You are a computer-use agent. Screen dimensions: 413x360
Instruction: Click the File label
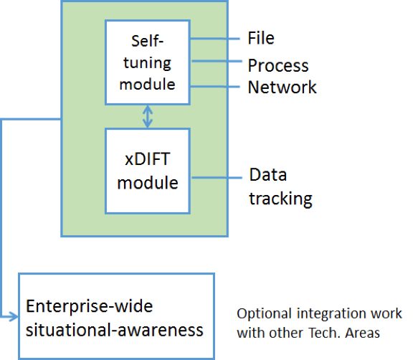[x=261, y=38]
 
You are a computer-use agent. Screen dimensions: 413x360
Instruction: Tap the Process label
[x=278, y=65]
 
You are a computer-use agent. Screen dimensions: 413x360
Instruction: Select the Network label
[x=282, y=87]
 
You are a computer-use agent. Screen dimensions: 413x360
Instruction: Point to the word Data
[x=268, y=174]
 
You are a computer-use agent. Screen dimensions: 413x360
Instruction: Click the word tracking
[x=281, y=199]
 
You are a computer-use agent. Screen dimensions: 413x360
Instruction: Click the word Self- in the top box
[x=147, y=41]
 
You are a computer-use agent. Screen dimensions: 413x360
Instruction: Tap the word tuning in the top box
[x=147, y=63]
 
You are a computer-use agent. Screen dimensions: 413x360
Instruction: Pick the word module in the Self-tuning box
[x=147, y=85]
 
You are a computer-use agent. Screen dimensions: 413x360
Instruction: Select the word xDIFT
[x=147, y=159]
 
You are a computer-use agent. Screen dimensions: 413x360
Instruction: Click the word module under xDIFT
[x=148, y=183]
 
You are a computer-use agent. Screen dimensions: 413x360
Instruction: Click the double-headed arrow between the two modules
[x=148, y=117]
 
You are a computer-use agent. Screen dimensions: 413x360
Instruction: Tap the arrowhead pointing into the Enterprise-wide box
[x=14, y=316]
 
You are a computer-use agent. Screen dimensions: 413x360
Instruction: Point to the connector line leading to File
[x=214, y=39]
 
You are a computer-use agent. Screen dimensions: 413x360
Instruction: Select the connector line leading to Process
[x=217, y=61]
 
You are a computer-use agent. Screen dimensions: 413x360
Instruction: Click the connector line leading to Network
[x=214, y=86]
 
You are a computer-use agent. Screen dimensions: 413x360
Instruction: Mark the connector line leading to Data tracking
[x=217, y=178]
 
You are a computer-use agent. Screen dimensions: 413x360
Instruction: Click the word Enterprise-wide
[x=90, y=306]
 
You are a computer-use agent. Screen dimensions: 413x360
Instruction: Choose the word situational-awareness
[x=114, y=330]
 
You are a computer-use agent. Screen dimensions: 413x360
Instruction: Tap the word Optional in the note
[x=264, y=314]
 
